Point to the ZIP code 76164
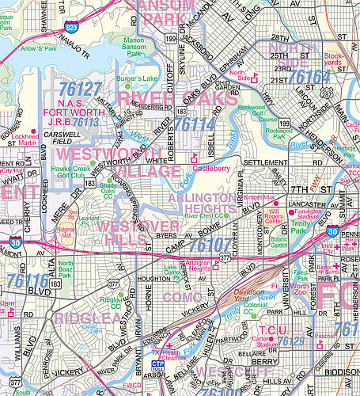point(309,77)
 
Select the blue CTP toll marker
point(158,365)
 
